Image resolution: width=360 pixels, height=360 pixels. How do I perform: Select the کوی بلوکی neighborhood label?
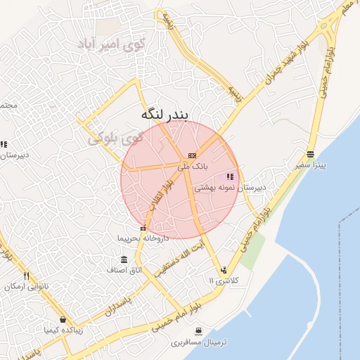click(x=115, y=137)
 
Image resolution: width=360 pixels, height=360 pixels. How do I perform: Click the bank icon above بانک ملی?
click(x=192, y=155)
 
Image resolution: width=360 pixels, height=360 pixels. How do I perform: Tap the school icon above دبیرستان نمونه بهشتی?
click(x=230, y=177)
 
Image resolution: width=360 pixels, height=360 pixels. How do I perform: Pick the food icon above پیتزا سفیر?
click(x=311, y=155)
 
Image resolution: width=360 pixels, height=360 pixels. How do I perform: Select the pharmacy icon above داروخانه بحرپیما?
click(x=143, y=228)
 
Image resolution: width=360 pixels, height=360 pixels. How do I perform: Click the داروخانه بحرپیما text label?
click(x=143, y=239)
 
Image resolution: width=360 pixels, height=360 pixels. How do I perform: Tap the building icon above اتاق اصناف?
click(x=124, y=259)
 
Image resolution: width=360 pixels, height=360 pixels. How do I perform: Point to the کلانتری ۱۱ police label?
click(x=224, y=281)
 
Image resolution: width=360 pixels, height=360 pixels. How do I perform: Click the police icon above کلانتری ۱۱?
click(x=224, y=269)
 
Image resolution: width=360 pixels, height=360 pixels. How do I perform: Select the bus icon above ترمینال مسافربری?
click(x=198, y=331)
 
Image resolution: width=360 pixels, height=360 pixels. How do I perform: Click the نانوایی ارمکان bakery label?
click(x=26, y=286)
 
